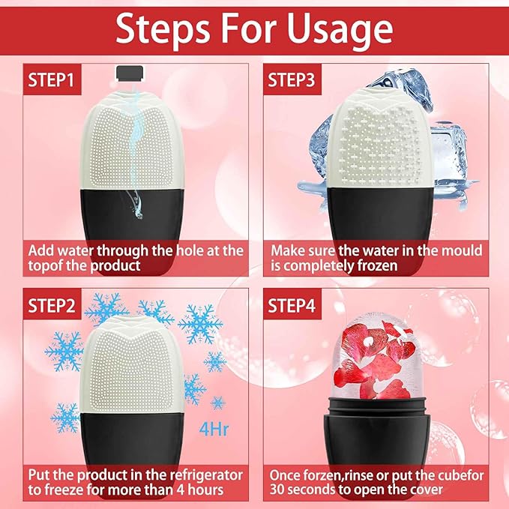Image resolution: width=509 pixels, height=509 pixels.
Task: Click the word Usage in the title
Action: [x=340, y=30]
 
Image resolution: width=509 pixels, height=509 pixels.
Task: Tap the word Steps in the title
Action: [x=163, y=30]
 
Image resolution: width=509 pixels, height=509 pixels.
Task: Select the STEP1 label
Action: [x=51, y=79]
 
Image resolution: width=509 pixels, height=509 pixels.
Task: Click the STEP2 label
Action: [x=51, y=305]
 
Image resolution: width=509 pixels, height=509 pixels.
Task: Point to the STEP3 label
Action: [x=292, y=79]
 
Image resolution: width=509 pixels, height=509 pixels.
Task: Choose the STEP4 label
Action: [x=292, y=305]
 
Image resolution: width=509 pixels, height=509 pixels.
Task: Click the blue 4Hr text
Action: [x=214, y=430]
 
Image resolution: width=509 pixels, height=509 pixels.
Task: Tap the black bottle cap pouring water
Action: [x=130, y=73]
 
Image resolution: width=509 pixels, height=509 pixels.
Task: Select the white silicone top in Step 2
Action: [x=131, y=364]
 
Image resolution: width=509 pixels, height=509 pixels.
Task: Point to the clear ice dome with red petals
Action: [x=377, y=356]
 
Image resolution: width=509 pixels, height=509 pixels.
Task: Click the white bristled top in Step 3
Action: [x=379, y=138]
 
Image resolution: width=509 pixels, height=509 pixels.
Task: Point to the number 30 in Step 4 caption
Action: [x=277, y=490]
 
